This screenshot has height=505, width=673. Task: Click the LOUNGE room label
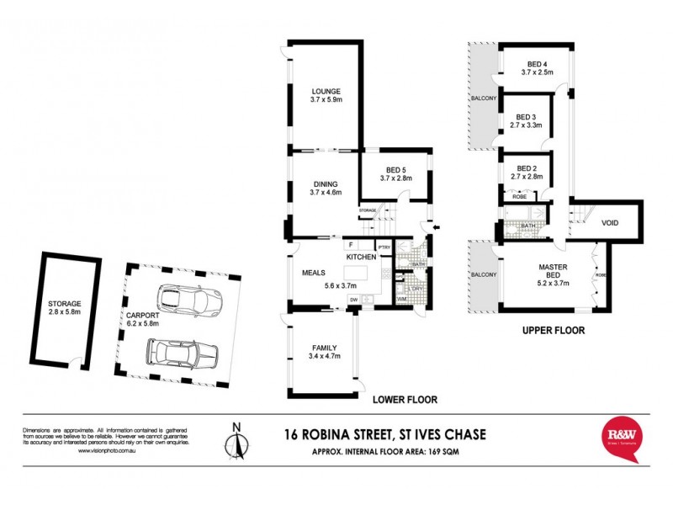324,92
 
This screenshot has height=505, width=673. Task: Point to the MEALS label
313,273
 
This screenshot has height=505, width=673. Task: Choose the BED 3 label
526,117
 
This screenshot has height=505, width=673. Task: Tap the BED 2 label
526,167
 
